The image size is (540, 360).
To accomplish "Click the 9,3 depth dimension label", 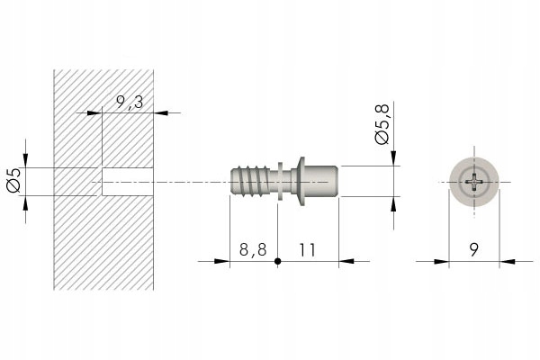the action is coord(130,103).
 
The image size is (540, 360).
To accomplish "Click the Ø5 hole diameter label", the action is coord(13,180).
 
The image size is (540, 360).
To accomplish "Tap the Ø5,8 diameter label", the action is coord(382,123).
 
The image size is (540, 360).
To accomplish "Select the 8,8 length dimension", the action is coord(253,249).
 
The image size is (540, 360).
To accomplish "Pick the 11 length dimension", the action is coord(307,249).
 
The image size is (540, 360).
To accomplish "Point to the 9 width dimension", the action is coord(474,249).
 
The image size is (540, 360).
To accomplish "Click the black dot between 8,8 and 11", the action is coord(277,262).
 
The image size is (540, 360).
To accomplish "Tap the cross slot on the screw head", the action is coord(474,182).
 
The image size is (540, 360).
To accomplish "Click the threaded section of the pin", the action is coord(250,182).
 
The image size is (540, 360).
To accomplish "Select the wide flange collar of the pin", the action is coord(301,182).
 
